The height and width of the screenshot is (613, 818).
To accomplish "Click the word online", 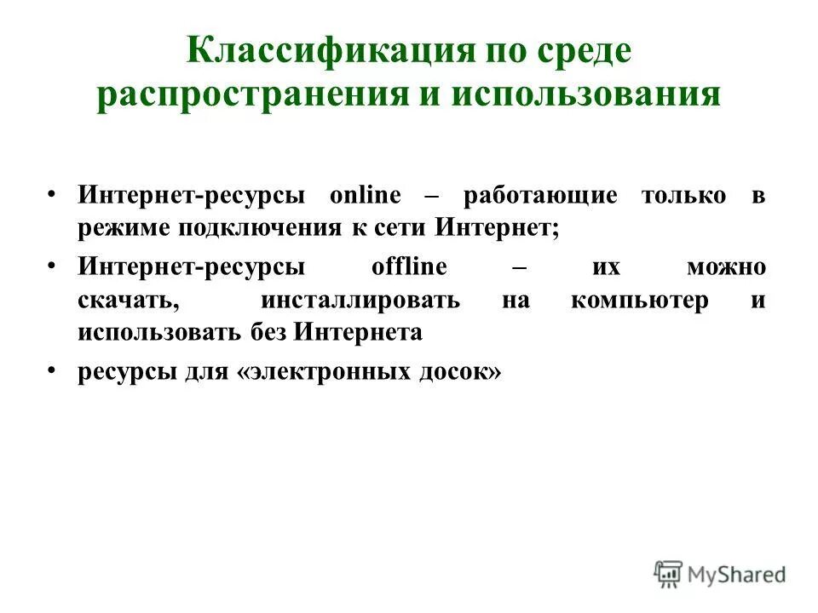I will (365, 195).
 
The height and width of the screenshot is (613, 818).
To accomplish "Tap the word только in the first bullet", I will (684, 195).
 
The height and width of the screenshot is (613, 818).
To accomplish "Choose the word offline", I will (409, 266).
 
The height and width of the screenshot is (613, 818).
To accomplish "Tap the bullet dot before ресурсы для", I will (53, 371).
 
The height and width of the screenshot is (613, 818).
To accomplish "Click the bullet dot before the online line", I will (53, 193).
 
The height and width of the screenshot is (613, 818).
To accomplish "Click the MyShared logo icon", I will (668, 573).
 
